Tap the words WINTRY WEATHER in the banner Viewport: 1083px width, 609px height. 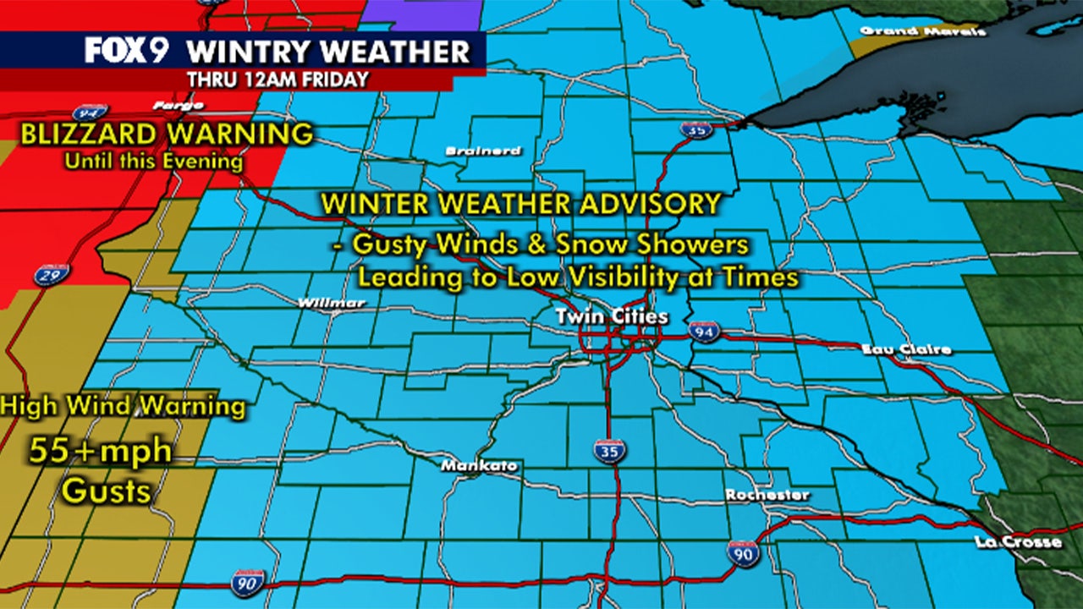(x=328, y=52)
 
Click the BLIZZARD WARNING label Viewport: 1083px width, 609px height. (x=167, y=134)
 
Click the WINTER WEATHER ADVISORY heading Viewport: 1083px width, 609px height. (x=520, y=204)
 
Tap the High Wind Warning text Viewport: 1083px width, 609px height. (x=124, y=407)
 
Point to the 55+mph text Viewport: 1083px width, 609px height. (x=101, y=451)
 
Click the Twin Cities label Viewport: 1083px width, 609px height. (x=612, y=317)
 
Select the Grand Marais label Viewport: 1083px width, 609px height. (x=923, y=31)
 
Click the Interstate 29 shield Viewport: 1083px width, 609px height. (x=52, y=273)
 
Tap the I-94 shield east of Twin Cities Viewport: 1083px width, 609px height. (x=703, y=331)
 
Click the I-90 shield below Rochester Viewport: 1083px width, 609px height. (x=741, y=553)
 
